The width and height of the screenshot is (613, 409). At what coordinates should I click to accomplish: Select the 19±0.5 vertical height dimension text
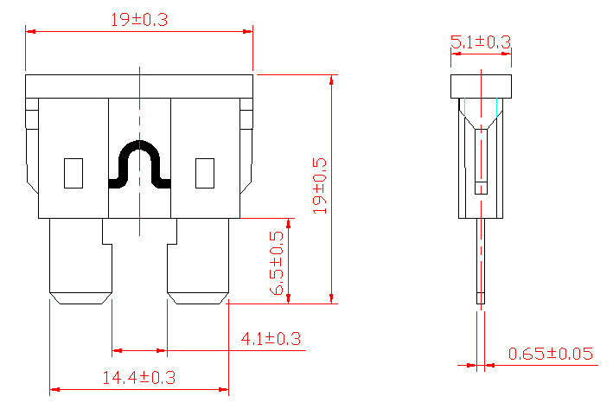tap(320, 186)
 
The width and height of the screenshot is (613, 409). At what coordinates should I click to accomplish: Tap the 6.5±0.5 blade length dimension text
tap(277, 264)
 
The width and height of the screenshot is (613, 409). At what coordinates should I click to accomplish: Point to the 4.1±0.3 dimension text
tap(271, 339)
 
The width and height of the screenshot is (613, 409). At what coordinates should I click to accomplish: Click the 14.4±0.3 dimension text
tap(139, 378)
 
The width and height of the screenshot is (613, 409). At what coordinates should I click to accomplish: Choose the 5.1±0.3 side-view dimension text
tap(481, 42)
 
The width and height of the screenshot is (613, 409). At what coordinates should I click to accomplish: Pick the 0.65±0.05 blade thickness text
tap(551, 353)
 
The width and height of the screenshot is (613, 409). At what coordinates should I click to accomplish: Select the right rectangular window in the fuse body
tap(205, 173)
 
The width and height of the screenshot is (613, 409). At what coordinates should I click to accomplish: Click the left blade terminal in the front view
tap(80, 259)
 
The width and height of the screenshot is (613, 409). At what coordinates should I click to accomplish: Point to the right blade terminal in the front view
tap(198, 259)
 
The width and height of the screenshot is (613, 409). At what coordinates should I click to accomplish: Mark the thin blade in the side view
tap(481, 259)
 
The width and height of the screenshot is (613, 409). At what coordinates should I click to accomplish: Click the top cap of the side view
tap(481, 86)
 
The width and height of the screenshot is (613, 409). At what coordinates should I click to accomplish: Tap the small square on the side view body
tap(481, 188)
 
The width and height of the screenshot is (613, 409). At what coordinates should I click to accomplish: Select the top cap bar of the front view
tap(139, 86)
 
